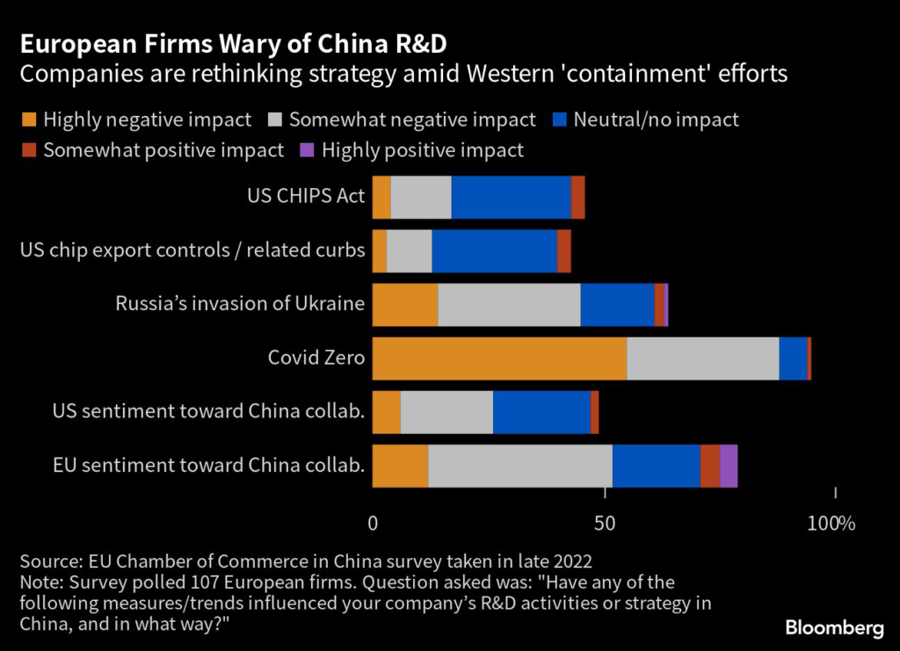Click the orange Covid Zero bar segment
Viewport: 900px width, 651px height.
(499, 358)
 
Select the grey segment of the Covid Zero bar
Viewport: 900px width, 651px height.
(703, 358)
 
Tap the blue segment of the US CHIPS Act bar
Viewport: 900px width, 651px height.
(511, 197)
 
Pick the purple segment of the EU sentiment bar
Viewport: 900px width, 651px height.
(729, 466)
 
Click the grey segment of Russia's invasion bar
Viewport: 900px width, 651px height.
(509, 305)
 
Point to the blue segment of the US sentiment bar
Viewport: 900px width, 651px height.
(541, 412)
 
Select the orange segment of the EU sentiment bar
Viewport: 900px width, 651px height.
(400, 466)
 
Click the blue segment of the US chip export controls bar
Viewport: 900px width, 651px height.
(494, 250)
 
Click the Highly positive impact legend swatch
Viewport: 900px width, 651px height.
(308, 150)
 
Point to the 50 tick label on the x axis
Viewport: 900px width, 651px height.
(605, 524)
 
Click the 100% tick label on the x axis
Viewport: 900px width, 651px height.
(831, 524)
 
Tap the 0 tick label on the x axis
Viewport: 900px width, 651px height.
(373, 524)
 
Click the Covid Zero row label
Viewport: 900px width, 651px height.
(316, 358)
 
